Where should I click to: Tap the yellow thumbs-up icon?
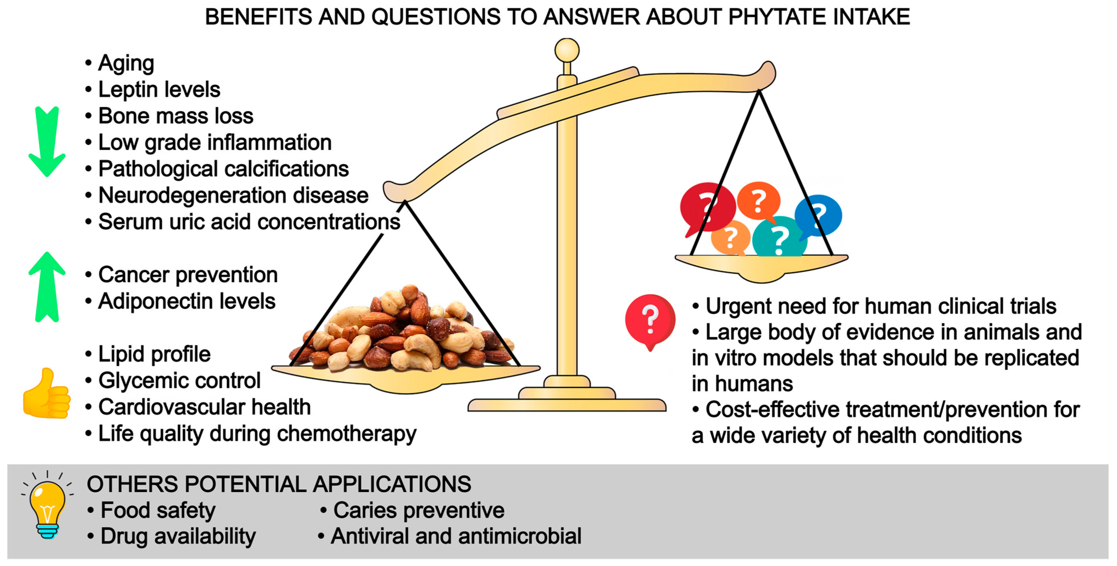(47, 394)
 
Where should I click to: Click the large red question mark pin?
(649, 321)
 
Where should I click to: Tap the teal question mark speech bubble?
(779, 237)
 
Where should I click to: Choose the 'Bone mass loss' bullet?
(176, 116)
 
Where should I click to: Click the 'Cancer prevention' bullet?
(187, 275)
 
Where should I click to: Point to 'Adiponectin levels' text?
(186, 301)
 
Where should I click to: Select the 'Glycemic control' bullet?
(179, 381)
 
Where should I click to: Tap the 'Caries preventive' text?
(418, 510)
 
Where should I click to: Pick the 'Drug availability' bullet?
(178, 537)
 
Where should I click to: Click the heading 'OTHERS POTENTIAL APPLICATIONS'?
(279, 484)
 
